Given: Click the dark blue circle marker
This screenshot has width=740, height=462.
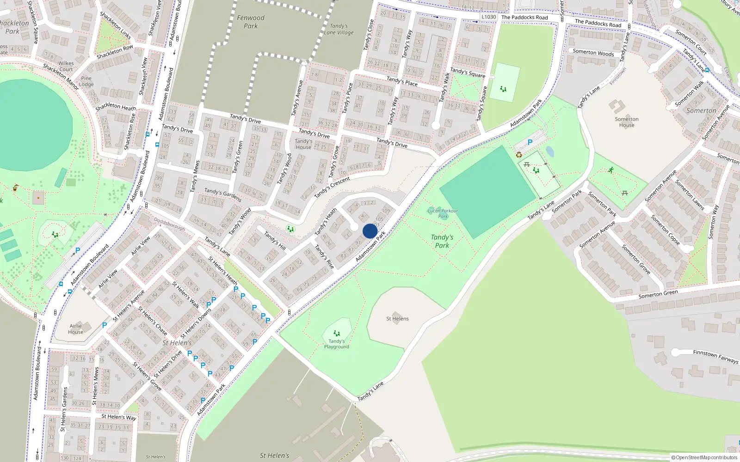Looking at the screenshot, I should (x=370, y=231).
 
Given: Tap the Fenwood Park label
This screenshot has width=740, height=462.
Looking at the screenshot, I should (x=251, y=22).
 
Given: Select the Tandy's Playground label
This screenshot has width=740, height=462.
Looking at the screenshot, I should (x=337, y=344).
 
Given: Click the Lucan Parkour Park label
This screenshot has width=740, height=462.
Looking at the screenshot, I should (x=443, y=213).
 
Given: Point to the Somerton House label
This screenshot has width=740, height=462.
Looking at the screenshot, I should (x=627, y=122).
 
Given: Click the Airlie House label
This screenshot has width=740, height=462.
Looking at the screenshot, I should (x=76, y=329).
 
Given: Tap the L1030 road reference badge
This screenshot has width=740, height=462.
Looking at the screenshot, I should (x=488, y=17).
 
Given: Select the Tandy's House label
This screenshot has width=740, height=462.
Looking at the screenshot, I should (x=303, y=144).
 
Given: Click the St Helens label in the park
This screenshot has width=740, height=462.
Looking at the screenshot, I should (x=397, y=319).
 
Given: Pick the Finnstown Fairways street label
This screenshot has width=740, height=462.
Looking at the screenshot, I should (x=715, y=356).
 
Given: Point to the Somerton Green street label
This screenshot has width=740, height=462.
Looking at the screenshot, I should (x=658, y=294).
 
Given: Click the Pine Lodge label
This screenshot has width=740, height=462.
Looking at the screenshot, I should (x=86, y=81).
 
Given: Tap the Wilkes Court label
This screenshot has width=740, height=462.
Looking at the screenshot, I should (x=66, y=67).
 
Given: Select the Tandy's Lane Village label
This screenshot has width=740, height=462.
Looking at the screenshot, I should (x=339, y=29).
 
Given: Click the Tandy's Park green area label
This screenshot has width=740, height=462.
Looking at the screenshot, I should (x=442, y=241).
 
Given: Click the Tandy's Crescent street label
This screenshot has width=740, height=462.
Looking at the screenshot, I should (x=332, y=187).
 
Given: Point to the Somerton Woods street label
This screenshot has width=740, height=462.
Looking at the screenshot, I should (x=593, y=53).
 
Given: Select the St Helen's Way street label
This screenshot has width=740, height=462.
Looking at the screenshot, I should (x=119, y=417).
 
